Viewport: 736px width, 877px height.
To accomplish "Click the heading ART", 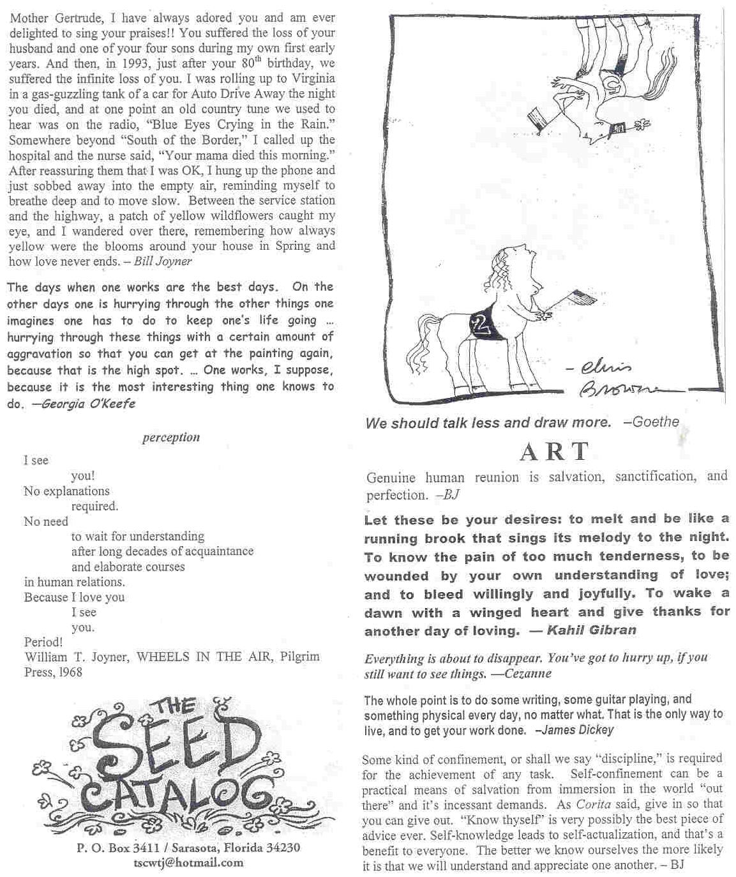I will [x=553, y=452].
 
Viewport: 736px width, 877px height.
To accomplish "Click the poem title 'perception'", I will [x=171, y=438].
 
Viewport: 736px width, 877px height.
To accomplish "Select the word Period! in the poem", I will [x=43, y=642].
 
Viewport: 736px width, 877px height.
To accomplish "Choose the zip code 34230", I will [x=278, y=848].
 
